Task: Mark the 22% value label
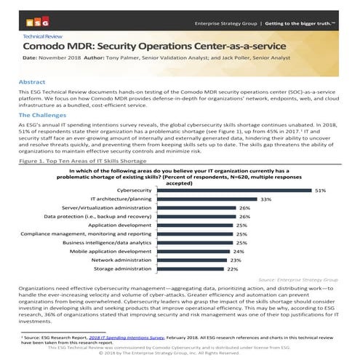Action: [233, 268]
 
